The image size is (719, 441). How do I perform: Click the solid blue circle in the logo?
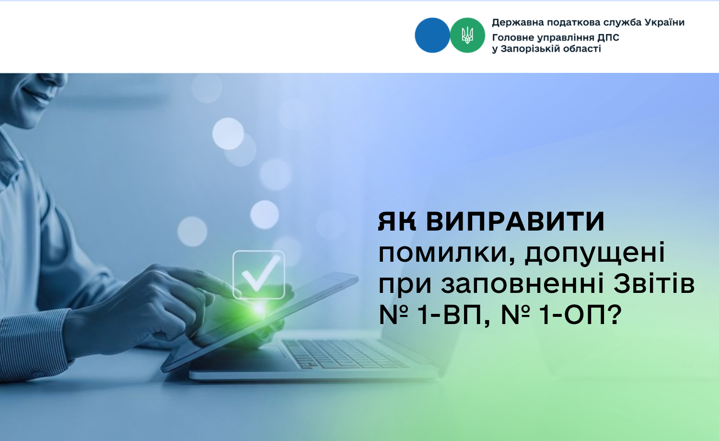[432, 35]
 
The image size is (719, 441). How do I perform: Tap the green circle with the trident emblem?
[467, 35]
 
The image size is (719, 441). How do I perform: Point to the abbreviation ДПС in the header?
[608, 37]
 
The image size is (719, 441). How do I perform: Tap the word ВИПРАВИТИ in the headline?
[515, 221]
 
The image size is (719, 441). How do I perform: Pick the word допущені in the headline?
[595, 253]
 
